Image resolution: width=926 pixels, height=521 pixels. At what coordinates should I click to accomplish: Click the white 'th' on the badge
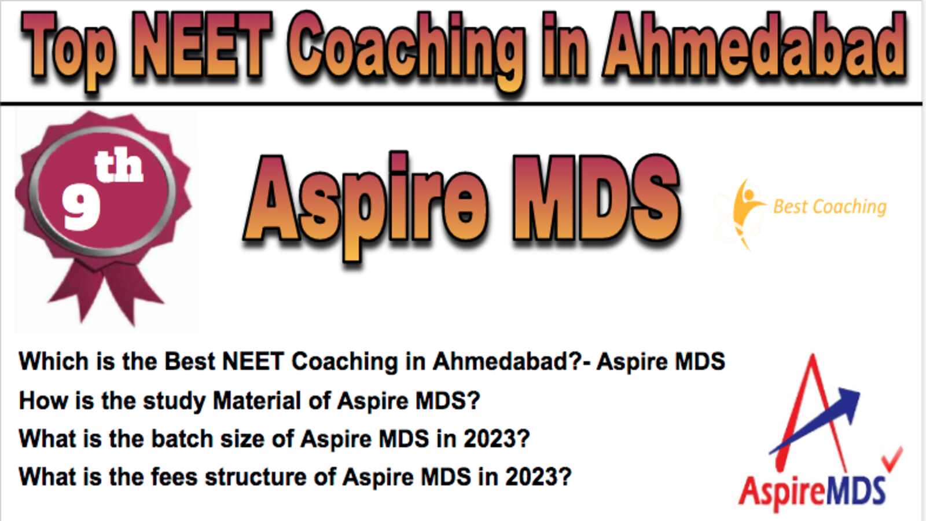point(119,166)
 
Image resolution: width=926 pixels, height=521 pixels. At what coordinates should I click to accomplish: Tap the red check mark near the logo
point(893,459)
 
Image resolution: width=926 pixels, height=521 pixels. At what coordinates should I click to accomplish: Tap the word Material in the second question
point(271,401)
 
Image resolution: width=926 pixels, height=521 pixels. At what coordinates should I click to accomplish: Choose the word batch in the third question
point(182,439)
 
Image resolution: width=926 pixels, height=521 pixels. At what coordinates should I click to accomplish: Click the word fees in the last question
point(174,477)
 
